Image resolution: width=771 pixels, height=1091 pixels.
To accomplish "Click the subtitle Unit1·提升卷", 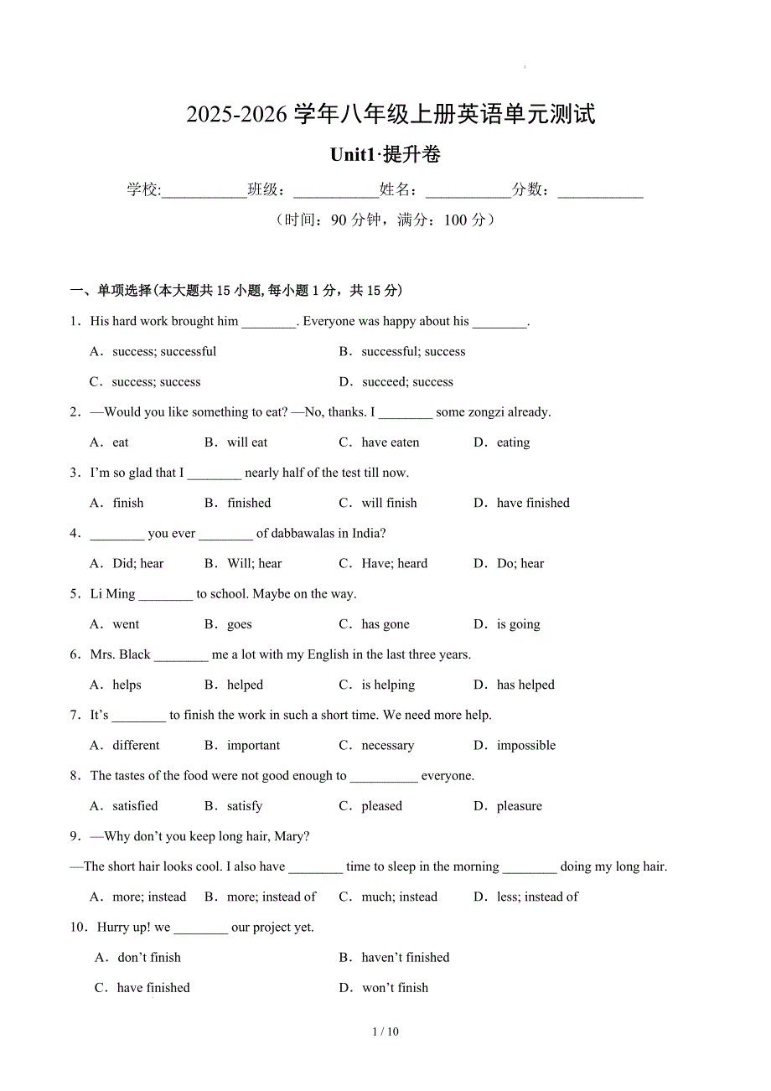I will (385, 155).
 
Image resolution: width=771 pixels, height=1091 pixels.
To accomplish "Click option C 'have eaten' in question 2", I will (390, 442).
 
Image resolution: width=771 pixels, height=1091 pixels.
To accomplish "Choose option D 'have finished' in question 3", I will (532, 503).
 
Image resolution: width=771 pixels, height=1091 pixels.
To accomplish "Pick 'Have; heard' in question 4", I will (394, 564).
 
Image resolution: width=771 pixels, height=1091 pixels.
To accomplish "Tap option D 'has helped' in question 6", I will (525, 685).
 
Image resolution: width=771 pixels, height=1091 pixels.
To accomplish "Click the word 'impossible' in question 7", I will (525, 746).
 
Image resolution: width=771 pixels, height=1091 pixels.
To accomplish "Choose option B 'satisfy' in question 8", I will (244, 806).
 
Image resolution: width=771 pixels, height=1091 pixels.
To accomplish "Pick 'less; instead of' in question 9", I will (536, 897).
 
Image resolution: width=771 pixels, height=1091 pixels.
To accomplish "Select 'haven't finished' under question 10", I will (405, 958).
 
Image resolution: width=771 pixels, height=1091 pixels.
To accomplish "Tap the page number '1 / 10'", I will (385, 1032).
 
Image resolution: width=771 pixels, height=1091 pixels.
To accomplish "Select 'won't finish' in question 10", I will (395, 988).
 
